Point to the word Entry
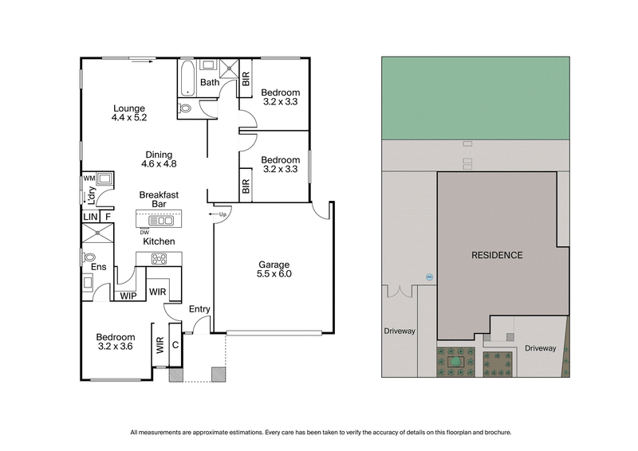pyautogui.click(x=199, y=309)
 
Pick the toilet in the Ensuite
pyautogui.click(x=89, y=258)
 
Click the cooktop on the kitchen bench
pyautogui.click(x=159, y=257)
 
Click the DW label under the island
pyautogui.click(x=144, y=232)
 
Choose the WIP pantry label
pyautogui.click(x=128, y=296)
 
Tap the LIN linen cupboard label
pyautogui.click(x=89, y=216)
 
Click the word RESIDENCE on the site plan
pyautogui.click(x=496, y=256)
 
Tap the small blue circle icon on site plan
pyautogui.click(x=428, y=277)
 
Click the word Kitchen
pyautogui.click(x=159, y=241)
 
